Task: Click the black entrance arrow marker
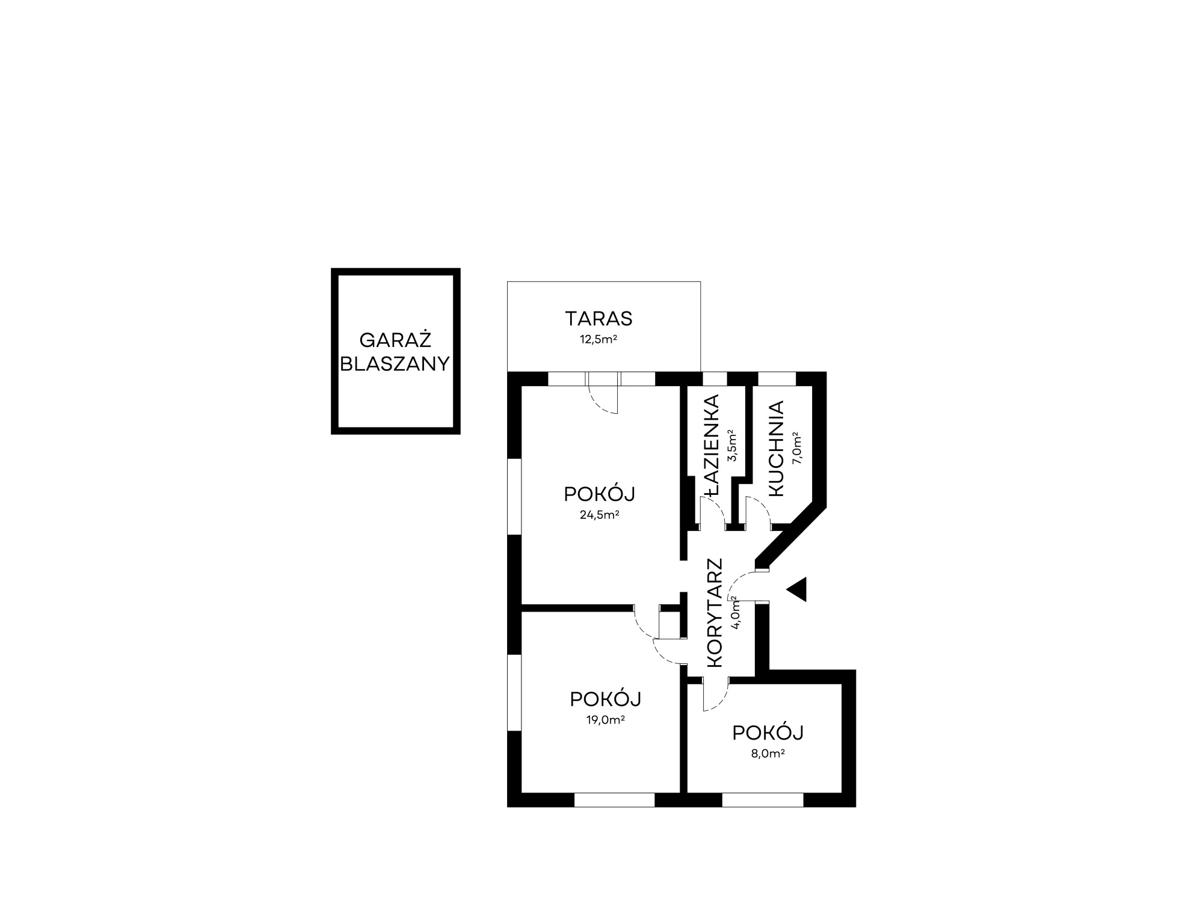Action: tap(799, 590)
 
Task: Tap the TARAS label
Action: tap(598, 318)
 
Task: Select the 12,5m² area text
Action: tap(598, 340)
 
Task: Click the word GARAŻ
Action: tap(395, 340)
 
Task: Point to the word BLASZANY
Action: tap(395, 364)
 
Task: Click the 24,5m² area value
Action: tap(600, 515)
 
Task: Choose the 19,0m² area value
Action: tap(605, 720)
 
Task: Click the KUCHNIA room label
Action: tap(776, 449)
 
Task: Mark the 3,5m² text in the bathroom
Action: tap(732, 445)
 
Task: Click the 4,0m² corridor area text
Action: tap(735, 612)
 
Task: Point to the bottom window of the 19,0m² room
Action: tap(614, 800)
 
